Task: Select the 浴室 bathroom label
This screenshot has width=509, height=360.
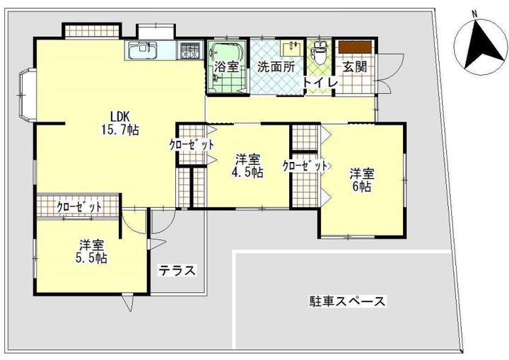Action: [x=226, y=68]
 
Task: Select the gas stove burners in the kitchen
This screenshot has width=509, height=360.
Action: [x=189, y=50]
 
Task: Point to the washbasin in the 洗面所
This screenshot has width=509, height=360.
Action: [x=290, y=48]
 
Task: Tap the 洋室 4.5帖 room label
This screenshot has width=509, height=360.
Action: [x=250, y=165]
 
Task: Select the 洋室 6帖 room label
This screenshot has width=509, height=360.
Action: [x=361, y=180]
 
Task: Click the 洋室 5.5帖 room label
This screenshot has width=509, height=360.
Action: [x=92, y=252]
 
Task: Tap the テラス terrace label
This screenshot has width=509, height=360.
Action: [x=176, y=270]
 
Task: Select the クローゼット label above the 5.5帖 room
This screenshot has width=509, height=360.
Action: [x=78, y=207]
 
